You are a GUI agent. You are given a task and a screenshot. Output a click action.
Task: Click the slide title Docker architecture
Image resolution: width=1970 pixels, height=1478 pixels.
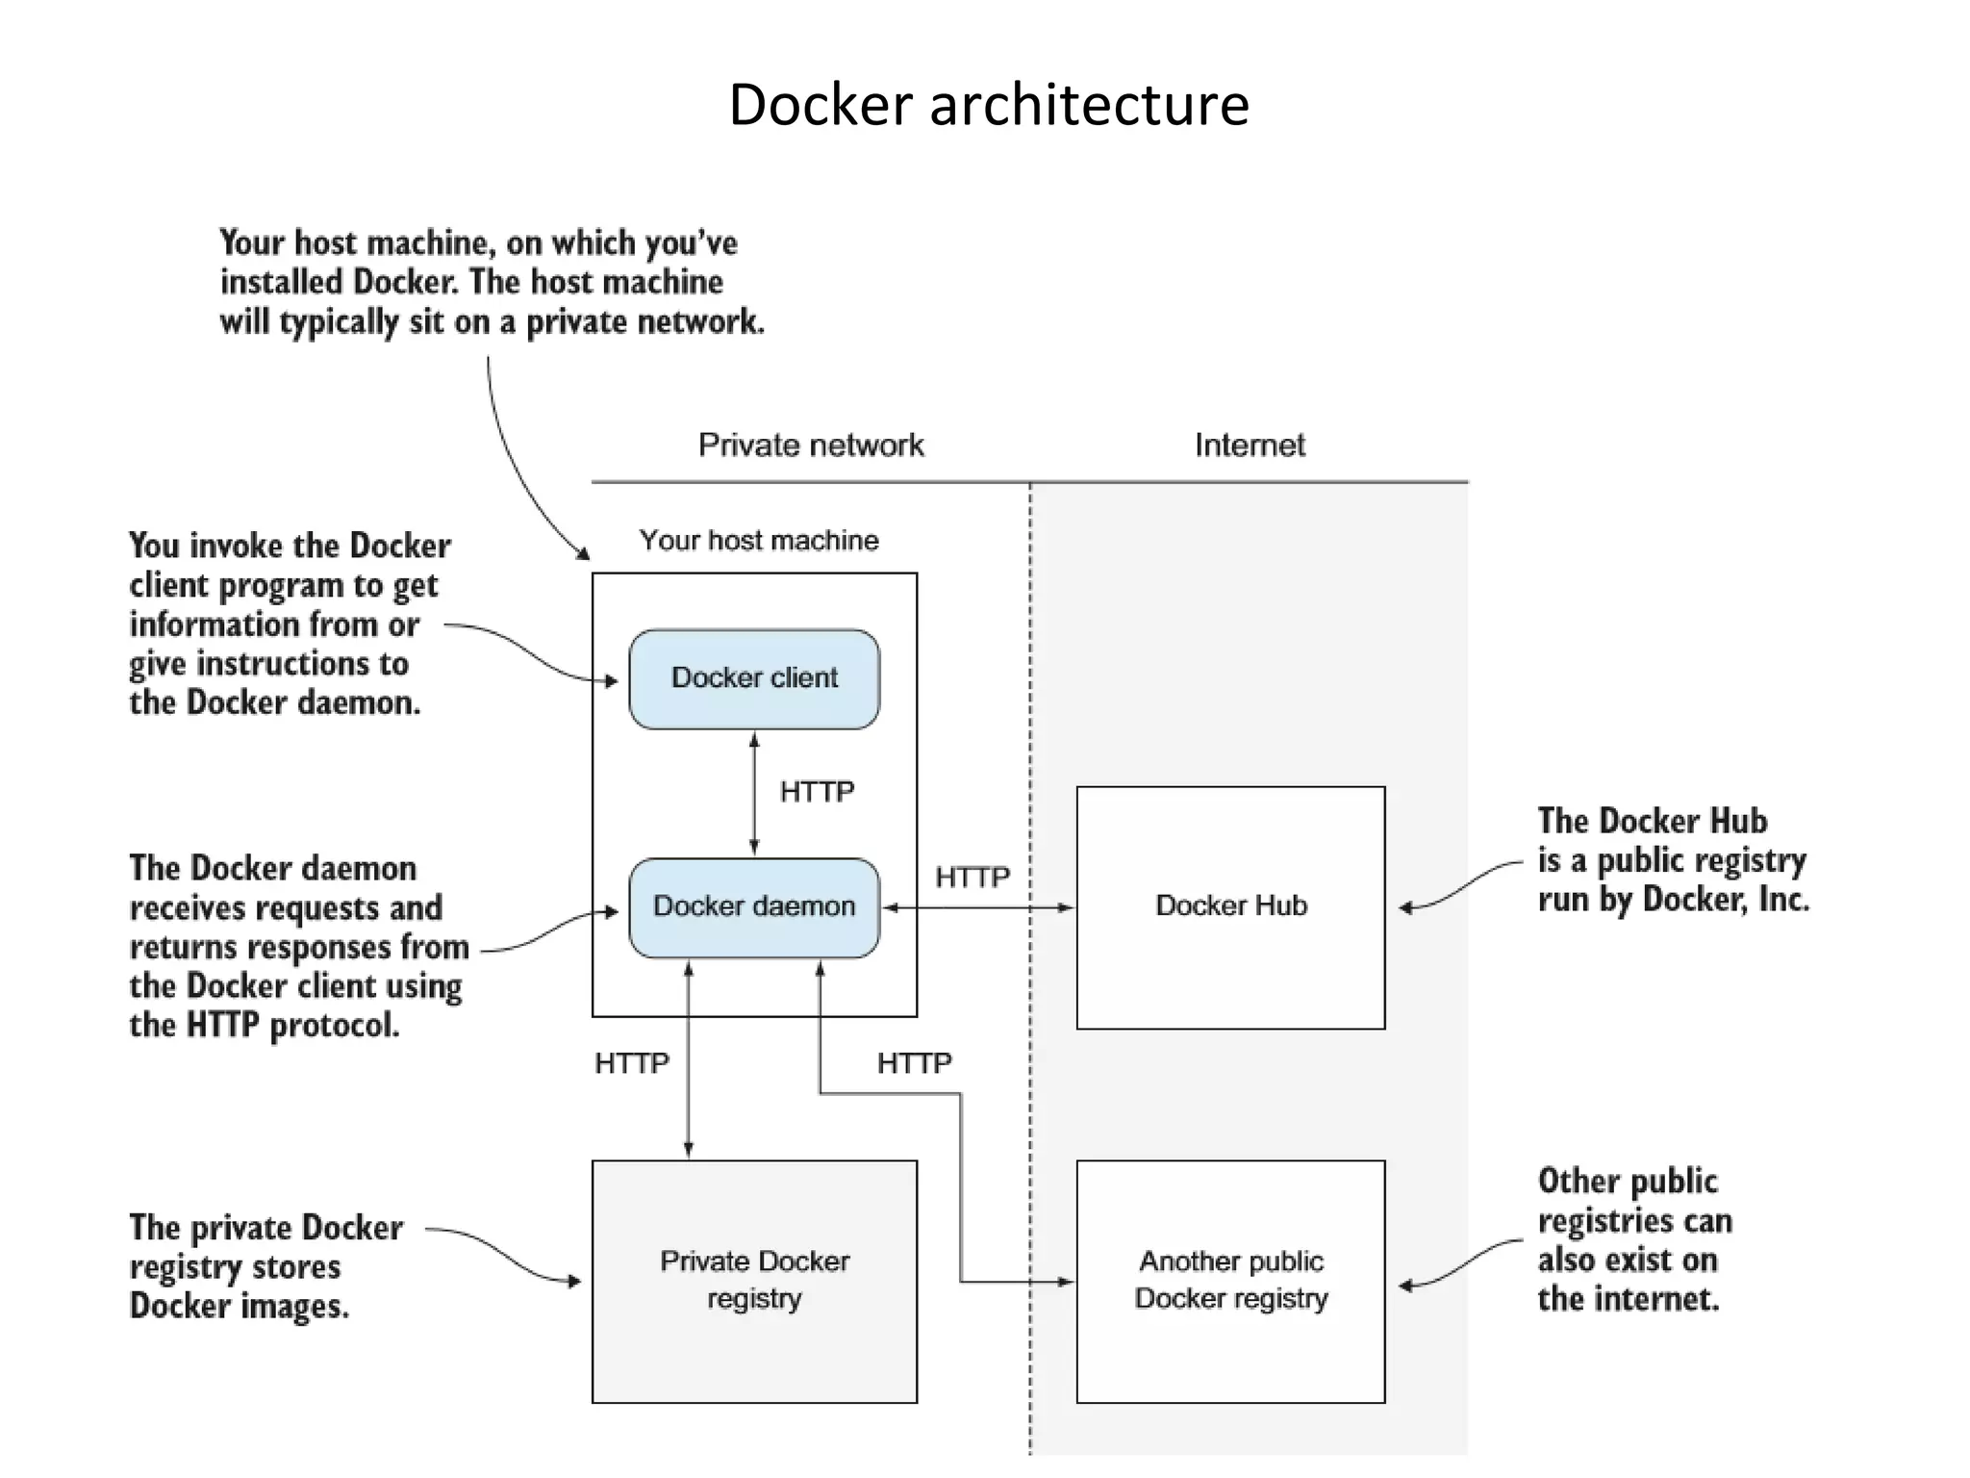[x=988, y=104]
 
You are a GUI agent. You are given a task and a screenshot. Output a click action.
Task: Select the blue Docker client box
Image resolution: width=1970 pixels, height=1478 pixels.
[x=754, y=678]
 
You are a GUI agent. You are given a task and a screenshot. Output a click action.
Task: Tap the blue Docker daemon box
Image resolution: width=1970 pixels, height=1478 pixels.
[x=754, y=906]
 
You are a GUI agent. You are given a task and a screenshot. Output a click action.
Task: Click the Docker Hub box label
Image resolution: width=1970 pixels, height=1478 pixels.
[x=1230, y=905]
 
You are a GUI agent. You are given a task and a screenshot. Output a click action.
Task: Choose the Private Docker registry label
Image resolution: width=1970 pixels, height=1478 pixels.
[x=754, y=1279]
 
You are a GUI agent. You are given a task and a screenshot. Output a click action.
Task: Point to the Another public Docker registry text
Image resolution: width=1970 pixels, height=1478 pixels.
[x=1230, y=1279]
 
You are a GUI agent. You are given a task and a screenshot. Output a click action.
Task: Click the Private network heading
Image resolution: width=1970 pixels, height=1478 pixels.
[x=810, y=445]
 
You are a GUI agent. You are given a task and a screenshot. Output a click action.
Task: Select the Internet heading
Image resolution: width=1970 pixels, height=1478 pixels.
[x=1249, y=445]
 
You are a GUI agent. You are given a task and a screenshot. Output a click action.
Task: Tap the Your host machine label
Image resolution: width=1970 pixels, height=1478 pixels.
[x=758, y=540]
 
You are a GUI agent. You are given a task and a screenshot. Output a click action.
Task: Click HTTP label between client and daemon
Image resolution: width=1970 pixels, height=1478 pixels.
[x=817, y=792]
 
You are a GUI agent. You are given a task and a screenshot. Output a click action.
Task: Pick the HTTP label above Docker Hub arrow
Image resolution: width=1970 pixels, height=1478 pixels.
[x=972, y=878]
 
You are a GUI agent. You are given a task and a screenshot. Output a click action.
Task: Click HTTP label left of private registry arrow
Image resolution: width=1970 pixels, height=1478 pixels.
[x=631, y=1063]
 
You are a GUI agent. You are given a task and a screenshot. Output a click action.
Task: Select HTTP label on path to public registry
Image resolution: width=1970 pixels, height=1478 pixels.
[x=914, y=1063]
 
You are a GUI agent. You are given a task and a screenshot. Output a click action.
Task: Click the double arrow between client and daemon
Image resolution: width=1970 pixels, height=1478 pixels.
[x=754, y=794]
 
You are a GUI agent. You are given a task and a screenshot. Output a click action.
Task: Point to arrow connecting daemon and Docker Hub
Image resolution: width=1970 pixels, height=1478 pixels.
[x=978, y=907]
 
